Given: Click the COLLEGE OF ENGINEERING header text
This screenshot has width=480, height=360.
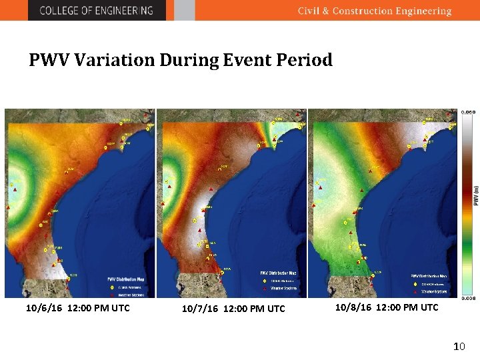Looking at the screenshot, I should (96, 11).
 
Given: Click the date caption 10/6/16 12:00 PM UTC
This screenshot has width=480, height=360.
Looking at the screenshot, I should (77, 308).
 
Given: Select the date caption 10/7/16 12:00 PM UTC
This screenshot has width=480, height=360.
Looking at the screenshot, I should (233, 309).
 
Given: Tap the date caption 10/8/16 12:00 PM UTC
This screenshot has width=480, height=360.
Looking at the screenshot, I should (386, 307).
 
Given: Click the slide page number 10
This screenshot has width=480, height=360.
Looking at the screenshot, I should (459, 347).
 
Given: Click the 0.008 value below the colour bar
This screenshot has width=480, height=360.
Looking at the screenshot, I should (469, 298).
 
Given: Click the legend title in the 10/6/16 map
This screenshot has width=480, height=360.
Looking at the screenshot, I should (126, 279).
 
